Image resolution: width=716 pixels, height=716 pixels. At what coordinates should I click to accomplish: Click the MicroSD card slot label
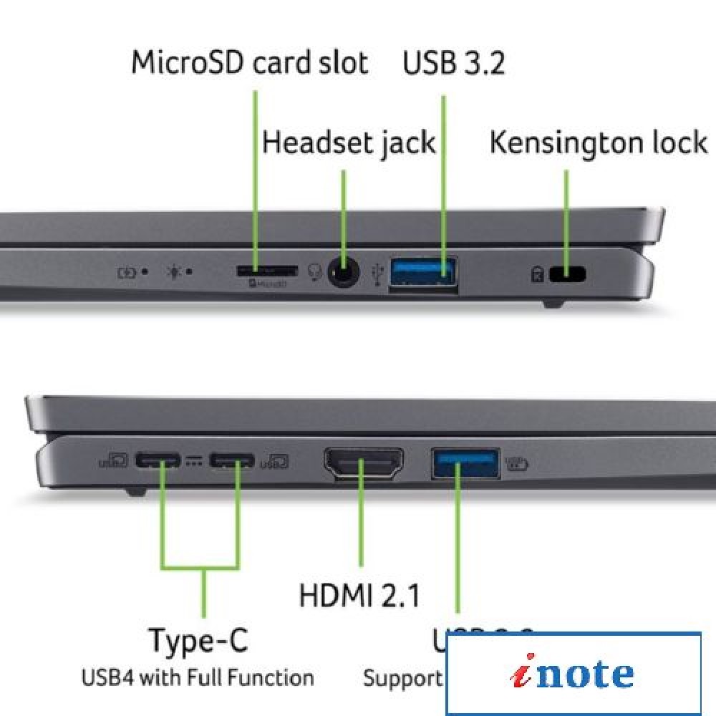249,63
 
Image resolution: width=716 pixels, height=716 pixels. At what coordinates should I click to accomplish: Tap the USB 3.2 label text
453,63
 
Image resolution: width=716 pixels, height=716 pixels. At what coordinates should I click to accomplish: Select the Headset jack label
349,142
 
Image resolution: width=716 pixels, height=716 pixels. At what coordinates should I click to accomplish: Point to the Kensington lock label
598,142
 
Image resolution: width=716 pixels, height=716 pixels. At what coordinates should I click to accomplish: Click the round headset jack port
344,273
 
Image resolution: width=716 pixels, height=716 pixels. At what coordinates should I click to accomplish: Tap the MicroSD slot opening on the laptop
266,271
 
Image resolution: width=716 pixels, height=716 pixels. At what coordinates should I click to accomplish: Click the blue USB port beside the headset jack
423,273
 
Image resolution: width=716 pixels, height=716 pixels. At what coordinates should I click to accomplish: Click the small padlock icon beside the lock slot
537,274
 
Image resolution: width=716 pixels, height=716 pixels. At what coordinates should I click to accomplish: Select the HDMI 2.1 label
359,595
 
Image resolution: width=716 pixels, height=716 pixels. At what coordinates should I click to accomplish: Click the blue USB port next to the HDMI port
465,463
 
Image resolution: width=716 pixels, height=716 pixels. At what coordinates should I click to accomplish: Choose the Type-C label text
198,639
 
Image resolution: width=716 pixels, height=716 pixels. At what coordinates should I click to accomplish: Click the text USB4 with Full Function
198,677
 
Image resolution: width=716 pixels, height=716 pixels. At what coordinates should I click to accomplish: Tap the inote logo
573,674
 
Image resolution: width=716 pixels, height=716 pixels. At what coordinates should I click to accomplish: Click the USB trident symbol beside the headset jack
379,274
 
